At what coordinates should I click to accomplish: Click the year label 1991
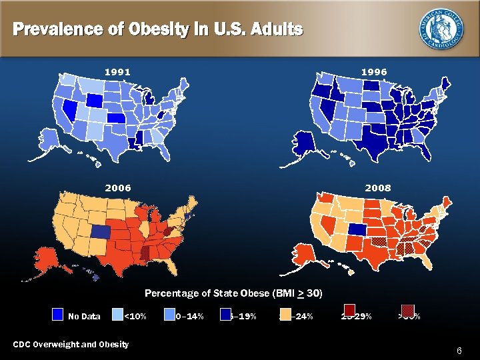click(x=117, y=71)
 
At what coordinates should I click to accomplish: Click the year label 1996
click(x=373, y=71)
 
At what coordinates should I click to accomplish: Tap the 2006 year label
click(x=117, y=188)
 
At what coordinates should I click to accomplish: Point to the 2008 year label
click(x=377, y=188)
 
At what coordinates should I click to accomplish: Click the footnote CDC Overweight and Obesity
click(x=71, y=344)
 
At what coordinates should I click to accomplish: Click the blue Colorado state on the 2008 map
click(x=357, y=229)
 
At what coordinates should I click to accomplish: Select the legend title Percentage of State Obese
click(x=233, y=293)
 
